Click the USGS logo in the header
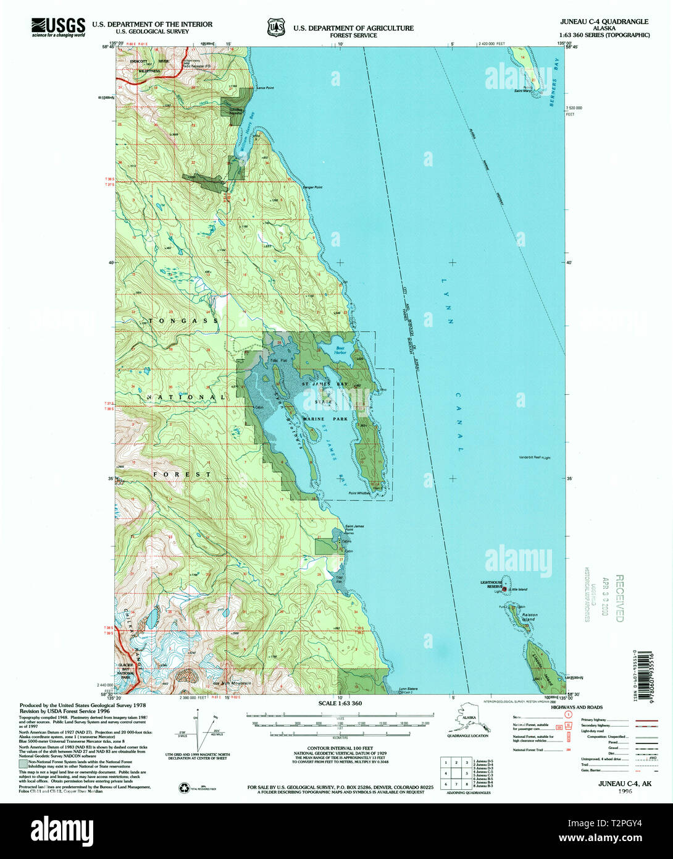(x=58, y=28)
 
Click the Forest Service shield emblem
(x=276, y=28)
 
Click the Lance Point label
(x=264, y=88)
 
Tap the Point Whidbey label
(x=359, y=493)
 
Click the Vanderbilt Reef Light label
(x=534, y=457)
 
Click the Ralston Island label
(x=530, y=617)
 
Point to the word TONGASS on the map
(x=183, y=321)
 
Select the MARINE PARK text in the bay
(x=325, y=419)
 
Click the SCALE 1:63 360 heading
(x=340, y=703)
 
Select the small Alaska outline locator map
(x=467, y=721)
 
